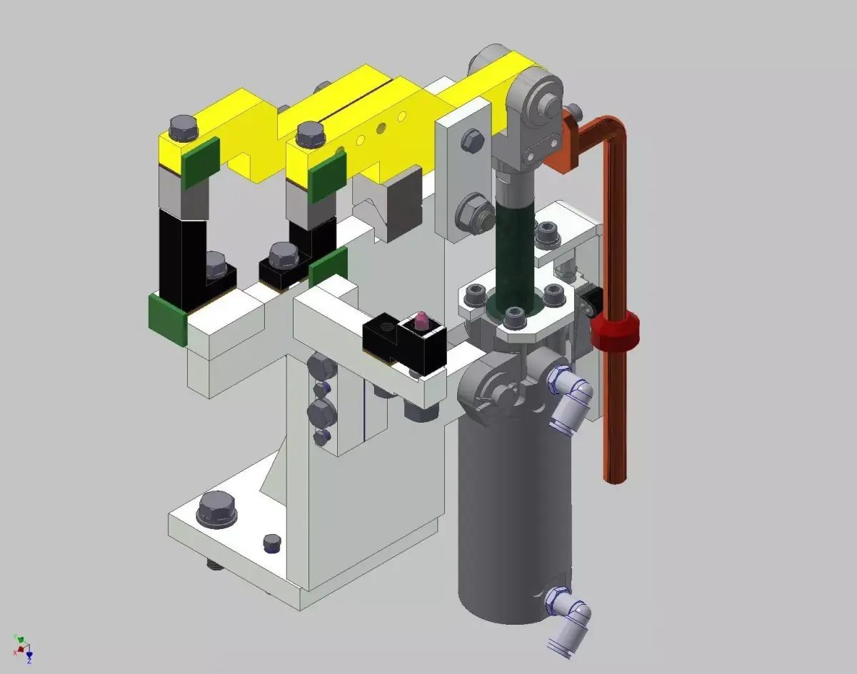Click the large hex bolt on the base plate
click(x=216, y=510)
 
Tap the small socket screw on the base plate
click(x=271, y=543)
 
